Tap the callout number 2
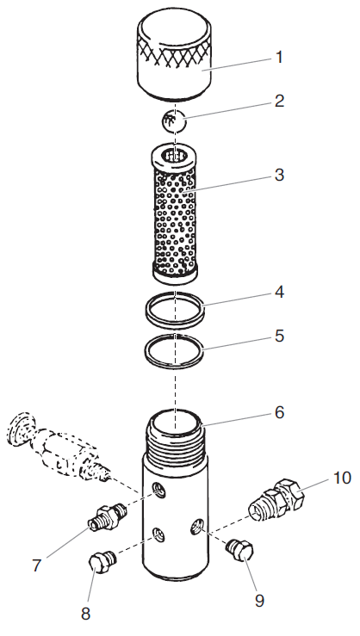(279, 102)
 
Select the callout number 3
(279, 176)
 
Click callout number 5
(279, 336)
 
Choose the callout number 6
(279, 411)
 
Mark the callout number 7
(36, 565)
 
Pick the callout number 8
(85, 614)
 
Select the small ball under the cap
(176, 121)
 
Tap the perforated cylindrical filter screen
(176, 215)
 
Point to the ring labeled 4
(176, 311)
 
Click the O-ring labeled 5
(176, 352)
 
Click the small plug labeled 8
(102, 565)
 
